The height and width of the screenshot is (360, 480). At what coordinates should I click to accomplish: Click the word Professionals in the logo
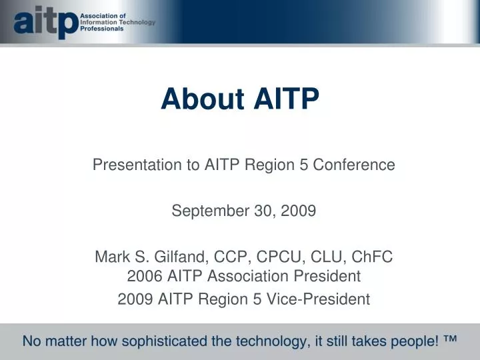coord(101,29)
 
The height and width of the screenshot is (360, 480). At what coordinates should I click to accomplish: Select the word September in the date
coord(201,211)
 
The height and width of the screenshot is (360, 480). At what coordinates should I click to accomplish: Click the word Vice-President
coord(323,299)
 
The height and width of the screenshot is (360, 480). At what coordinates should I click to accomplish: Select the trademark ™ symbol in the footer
coord(449,340)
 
